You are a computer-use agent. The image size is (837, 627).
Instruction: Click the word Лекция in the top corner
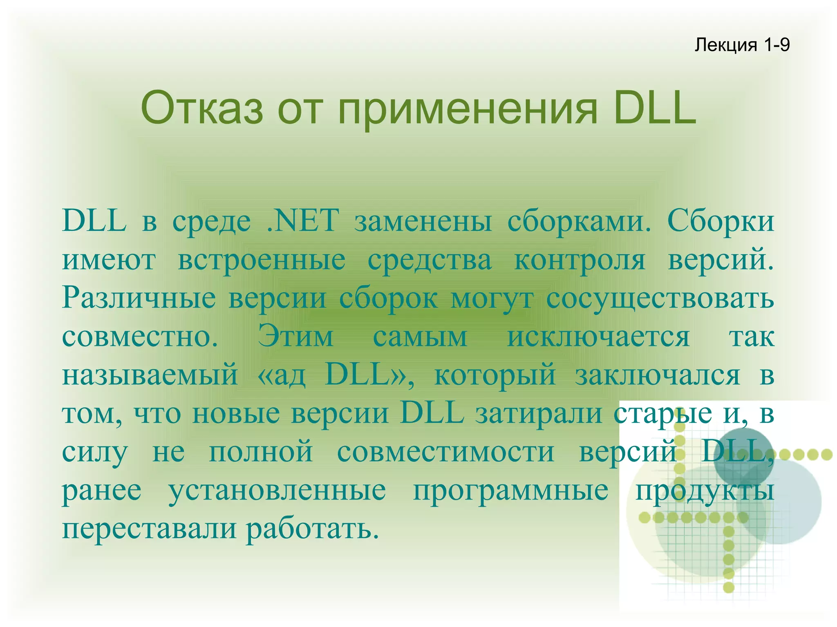coord(726,45)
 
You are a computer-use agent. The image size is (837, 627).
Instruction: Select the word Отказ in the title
coord(202,109)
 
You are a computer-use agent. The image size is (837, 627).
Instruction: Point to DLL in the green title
coord(655,109)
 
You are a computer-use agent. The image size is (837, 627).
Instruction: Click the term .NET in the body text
coord(302,221)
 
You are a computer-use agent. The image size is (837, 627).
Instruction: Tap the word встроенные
coord(262,260)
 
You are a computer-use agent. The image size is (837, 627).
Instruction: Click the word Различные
coord(139,298)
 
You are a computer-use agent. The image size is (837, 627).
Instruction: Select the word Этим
coord(295,337)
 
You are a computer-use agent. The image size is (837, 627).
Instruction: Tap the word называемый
coord(150,375)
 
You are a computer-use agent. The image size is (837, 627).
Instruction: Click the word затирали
coord(538,413)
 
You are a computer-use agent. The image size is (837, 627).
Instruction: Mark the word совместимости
coord(445,452)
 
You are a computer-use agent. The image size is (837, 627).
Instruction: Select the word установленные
coord(277,490)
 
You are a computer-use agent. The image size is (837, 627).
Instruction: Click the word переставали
coord(149,529)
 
